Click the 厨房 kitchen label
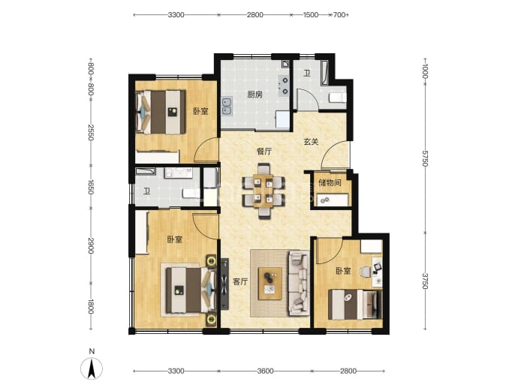(254, 95)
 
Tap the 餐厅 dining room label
(264, 152)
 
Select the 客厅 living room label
(240, 281)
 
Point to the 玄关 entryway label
(311, 142)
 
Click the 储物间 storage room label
(330, 182)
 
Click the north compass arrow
(92, 368)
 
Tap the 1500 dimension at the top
(311, 15)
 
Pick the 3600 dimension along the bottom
(265, 371)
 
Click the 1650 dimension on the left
(91, 187)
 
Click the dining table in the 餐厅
(264, 191)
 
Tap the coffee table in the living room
(270, 284)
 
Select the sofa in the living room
(300, 284)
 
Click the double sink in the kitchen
(227, 107)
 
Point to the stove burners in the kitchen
(284, 86)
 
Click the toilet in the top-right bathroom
(338, 98)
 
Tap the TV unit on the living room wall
(224, 284)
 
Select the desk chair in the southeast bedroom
(365, 272)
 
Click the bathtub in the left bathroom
(146, 172)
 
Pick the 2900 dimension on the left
(91, 245)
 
